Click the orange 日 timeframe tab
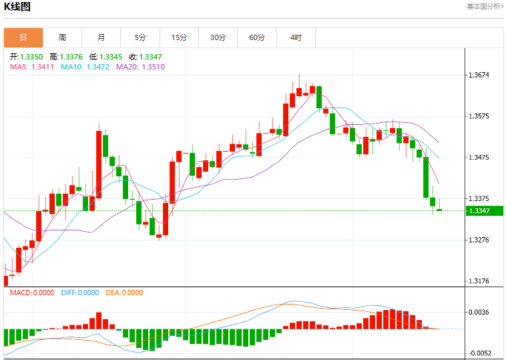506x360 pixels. point(23,38)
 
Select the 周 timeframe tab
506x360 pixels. point(62,38)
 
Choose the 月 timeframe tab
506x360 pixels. point(101,38)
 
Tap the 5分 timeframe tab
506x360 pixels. point(140,38)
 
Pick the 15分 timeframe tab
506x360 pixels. point(179,38)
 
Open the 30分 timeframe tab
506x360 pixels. point(218,38)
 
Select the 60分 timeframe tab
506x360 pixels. point(257,38)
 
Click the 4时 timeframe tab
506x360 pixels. point(296,38)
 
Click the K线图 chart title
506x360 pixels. point(17,7)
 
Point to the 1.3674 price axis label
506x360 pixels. point(479,75)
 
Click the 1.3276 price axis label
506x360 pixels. point(479,240)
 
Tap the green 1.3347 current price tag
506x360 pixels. point(485,211)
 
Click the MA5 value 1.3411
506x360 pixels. point(43,67)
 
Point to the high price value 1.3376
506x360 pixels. point(71,57)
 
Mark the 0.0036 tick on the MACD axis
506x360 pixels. point(479,312)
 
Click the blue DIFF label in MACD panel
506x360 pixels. point(68,293)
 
